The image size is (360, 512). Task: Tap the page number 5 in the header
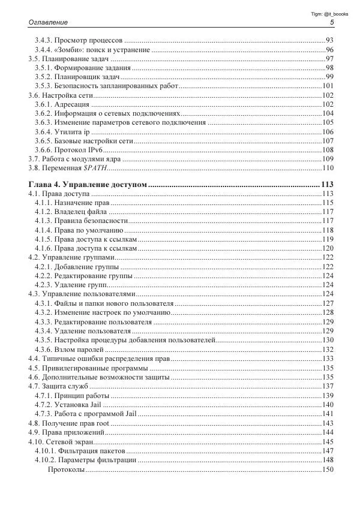pos(332,22)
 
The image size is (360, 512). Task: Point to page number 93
pos(329,40)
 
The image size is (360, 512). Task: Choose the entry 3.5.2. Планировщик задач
pos(77,77)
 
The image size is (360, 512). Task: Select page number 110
pos(328,168)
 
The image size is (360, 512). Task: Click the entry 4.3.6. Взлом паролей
pos(70,349)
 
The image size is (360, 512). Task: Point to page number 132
pos(328,349)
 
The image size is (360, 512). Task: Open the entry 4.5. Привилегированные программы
pos(88,368)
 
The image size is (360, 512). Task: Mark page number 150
pos(328,469)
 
